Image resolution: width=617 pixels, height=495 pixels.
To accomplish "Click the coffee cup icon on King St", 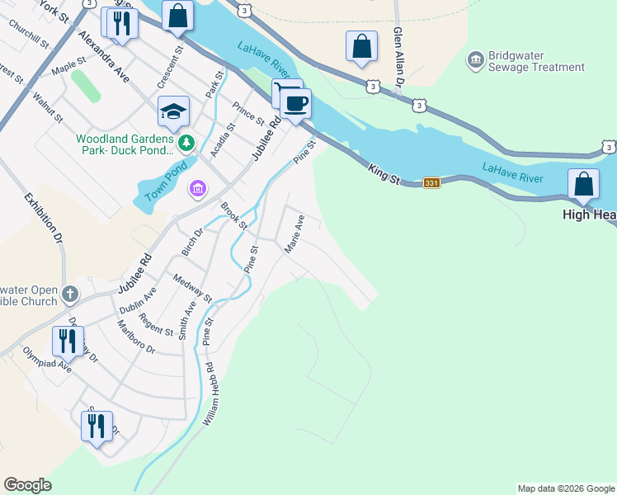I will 295,104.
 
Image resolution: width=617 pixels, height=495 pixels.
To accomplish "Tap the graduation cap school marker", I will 174,112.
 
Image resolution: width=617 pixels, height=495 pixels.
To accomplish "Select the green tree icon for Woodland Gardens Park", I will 187,144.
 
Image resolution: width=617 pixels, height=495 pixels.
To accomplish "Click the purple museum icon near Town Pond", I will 197,191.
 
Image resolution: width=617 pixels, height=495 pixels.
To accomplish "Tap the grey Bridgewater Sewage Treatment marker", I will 475,60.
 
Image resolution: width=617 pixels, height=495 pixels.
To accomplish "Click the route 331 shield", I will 431,182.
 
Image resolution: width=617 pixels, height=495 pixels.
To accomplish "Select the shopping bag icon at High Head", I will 584,184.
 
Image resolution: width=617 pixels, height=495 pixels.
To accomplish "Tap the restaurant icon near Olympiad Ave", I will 67,342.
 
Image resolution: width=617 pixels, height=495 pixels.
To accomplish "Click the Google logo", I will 27,485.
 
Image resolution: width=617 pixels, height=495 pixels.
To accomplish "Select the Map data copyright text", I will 566,488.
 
